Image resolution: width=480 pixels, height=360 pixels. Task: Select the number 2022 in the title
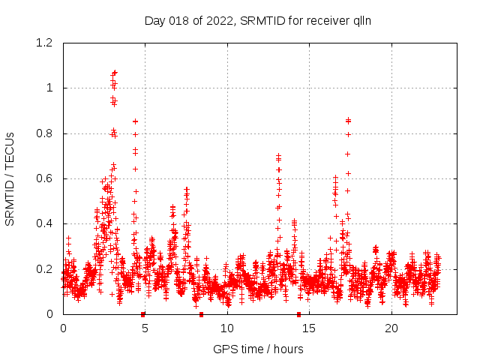tap(221, 21)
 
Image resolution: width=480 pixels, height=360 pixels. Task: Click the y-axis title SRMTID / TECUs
tap(10, 179)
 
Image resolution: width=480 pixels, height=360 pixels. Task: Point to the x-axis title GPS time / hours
tap(258, 349)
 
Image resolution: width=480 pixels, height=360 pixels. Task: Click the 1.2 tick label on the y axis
tap(46, 43)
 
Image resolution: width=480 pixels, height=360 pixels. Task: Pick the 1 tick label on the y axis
tap(52, 88)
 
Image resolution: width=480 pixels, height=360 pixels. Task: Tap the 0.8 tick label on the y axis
tap(46, 133)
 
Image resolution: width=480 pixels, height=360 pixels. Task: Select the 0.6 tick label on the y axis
tap(46, 178)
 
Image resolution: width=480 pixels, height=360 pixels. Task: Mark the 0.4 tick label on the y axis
tap(46, 223)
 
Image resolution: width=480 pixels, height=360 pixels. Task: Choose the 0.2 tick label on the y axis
tap(46, 268)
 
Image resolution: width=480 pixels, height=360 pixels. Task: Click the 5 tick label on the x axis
tap(145, 328)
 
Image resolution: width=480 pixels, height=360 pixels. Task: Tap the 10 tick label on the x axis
tap(227, 328)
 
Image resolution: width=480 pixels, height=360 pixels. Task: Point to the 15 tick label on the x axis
tap(310, 328)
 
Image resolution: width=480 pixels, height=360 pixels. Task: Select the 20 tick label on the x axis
tap(391, 328)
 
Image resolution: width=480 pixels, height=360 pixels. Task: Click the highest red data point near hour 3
tap(115, 72)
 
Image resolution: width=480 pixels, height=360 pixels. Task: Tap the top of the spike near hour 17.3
tap(348, 119)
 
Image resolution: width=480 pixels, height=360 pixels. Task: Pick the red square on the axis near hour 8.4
tap(201, 314)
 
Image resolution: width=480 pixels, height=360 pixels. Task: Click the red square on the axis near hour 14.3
tap(298, 314)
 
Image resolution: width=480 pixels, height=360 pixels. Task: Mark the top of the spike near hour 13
tap(278, 155)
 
